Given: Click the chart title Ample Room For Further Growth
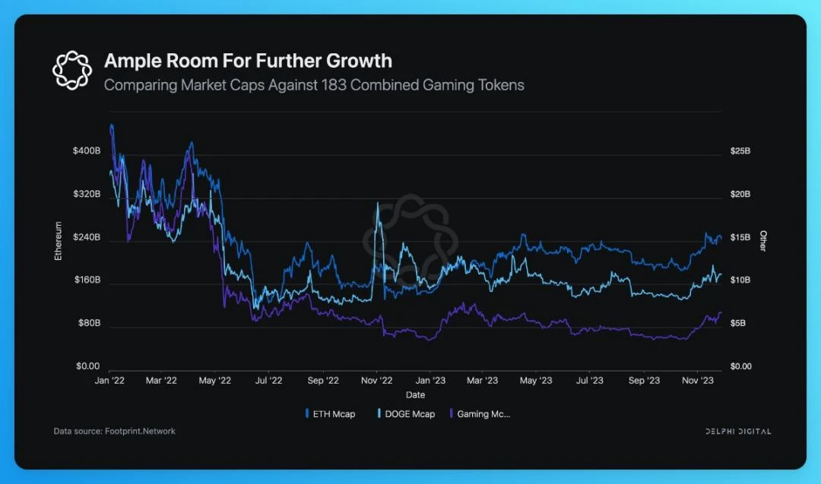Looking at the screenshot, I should point(248,61).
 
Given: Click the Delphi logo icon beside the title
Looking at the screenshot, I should point(71,69).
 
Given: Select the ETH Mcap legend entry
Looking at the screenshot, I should point(332,414).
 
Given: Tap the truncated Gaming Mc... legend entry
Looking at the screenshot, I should point(483,414).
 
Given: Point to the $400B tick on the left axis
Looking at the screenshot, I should point(87,150).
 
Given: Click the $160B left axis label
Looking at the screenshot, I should point(87,280).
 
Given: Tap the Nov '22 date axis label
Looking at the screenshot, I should point(376,380).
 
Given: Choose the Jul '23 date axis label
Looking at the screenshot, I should point(589,380).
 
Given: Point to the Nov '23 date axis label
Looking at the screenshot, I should point(696,380).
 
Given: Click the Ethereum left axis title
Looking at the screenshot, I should point(58,241).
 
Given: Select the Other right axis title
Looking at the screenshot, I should point(763,241).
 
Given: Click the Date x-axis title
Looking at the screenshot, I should point(415,395).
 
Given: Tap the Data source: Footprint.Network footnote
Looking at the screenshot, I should point(114,431).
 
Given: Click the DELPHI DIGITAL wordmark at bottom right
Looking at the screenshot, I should point(737,432).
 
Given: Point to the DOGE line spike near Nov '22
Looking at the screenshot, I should point(376,205).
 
